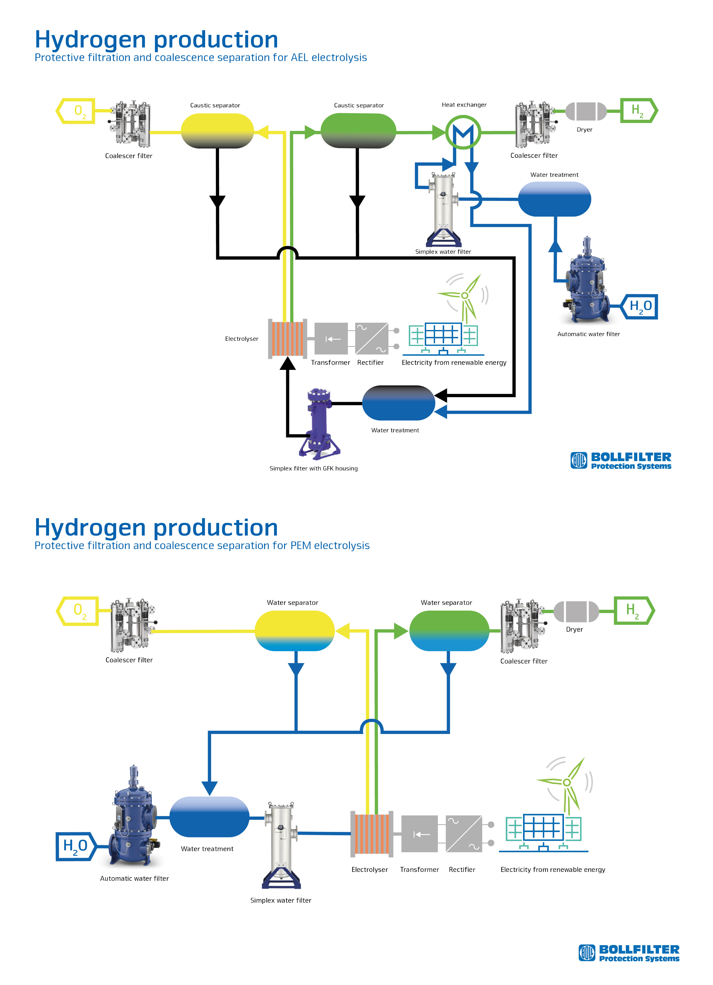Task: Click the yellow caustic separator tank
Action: tap(217, 131)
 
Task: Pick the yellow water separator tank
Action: tap(294, 631)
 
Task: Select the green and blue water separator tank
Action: tap(449, 631)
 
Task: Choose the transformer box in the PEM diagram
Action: tap(419, 834)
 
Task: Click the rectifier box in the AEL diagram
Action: tap(371, 339)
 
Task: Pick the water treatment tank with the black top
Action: tap(398, 403)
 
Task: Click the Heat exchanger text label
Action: tap(464, 105)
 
